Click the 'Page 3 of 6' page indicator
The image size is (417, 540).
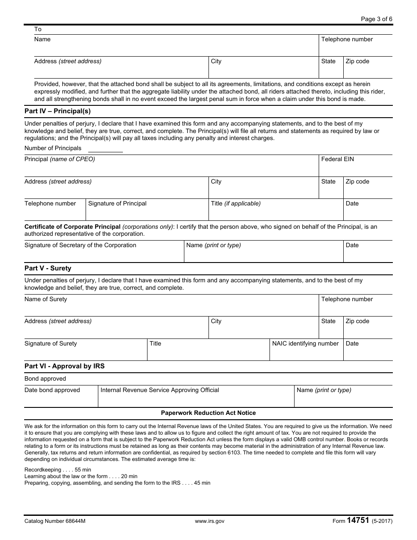click(x=376, y=19)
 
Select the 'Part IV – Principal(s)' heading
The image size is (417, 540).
click(x=58, y=112)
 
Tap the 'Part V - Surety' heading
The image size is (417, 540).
click(x=48, y=268)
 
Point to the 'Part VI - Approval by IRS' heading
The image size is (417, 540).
click(x=65, y=366)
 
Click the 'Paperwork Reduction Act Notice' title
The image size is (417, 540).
click(x=208, y=413)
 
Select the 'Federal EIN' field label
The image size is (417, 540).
click(x=337, y=159)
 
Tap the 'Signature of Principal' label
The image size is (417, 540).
click(x=117, y=204)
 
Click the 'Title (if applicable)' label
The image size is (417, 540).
click(x=236, y=204)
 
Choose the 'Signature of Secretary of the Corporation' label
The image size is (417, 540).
click(x=80, y=245)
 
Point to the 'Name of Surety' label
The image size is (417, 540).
click(x=46, y=299)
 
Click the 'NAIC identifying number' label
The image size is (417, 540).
click(x=306, y=344)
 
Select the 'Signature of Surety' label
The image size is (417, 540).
click(x=50, y=344)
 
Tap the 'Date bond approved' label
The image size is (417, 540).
click(x=52, y=390)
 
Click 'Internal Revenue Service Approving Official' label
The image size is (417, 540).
click(x=160, y=390)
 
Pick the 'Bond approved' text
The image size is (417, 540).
click(x=45, y=379)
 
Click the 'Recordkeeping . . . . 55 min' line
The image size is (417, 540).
click(x=58, y=470)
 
